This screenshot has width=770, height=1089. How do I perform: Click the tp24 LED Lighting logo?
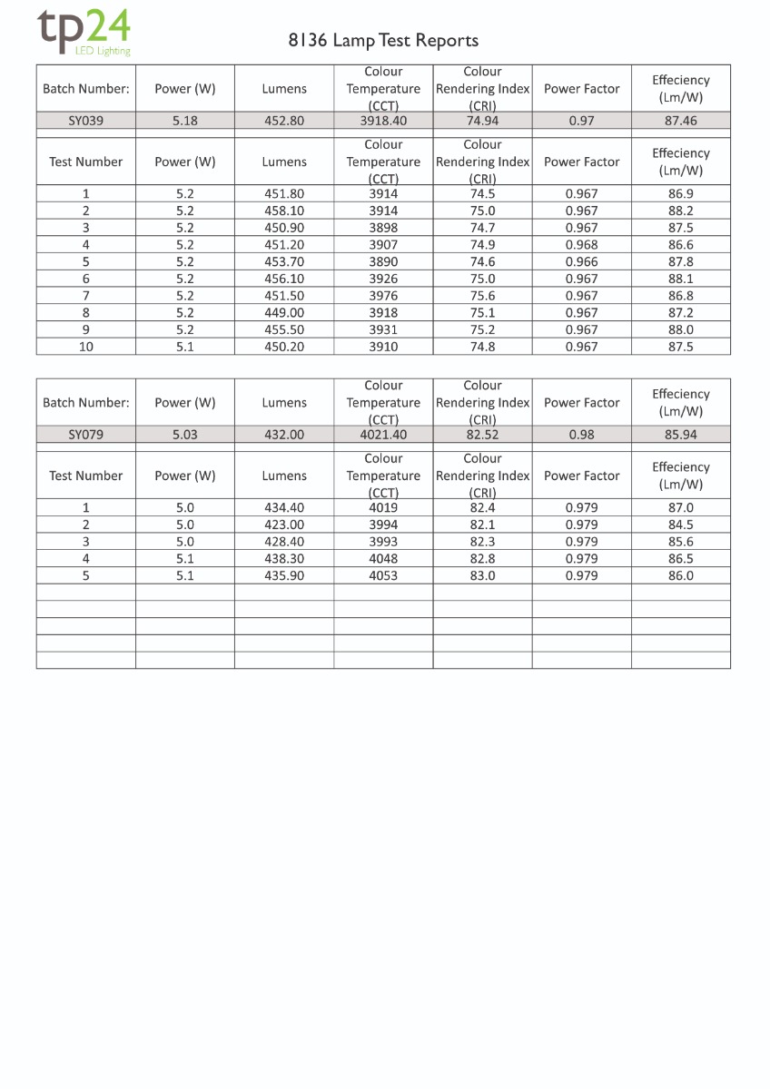tap(84, 33)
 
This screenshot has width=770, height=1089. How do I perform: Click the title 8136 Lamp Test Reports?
tap(383, 40)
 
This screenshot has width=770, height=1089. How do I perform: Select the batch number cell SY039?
tap(86, 121)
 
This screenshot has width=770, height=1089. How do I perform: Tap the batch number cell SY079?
tap(86, 435)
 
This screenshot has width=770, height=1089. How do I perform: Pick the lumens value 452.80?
tap(284, 121)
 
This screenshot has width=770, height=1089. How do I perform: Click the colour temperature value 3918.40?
tap(383, 121)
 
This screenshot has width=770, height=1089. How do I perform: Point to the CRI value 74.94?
tap(482, 121)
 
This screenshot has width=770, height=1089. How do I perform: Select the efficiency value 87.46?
tap(680, 121)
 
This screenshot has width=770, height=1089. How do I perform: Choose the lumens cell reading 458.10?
tap(284, 211)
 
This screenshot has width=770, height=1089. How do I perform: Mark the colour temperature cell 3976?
tap(383, 296)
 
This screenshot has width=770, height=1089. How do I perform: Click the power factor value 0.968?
tap(581, 245)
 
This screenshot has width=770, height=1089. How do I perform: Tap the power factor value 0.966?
tap(581, 262)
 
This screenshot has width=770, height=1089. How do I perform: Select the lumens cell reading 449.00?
tap(284, 313)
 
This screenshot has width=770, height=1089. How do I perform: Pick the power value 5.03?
tap(185, 435)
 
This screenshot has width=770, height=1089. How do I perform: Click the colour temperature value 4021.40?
tap(383, 435)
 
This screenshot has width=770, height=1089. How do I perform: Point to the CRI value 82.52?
tap(482, 435)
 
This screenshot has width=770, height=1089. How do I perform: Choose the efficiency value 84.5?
tap(680, 525)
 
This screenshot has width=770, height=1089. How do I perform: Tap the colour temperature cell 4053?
tap(383, 576)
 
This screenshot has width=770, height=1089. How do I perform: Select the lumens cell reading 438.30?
tap(284, 559)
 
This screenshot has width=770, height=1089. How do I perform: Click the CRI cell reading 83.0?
tap(482, 576)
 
